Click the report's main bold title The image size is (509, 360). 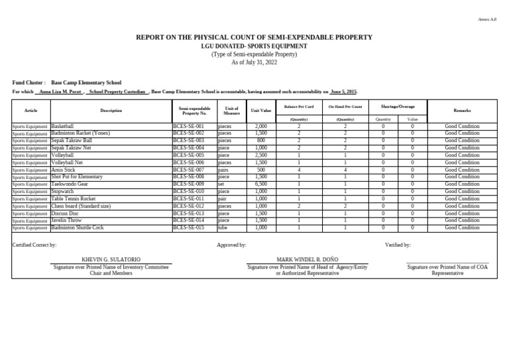[x=254, y=38]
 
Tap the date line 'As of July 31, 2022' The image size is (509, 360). [x=254, y=62]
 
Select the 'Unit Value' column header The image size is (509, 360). [x=260, y=110]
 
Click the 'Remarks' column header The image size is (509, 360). [x=462, y=110]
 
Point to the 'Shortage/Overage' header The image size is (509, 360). [x=398, y=106]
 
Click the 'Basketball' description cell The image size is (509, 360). [x=63, y=126]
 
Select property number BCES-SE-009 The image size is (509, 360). [x=189, y=184]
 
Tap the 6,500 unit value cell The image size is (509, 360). [x=260, y=184]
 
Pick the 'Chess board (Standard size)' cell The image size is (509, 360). [x=81, y=206]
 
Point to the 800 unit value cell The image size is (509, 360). [x=260, y=141]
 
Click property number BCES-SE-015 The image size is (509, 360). [x=189, y=228]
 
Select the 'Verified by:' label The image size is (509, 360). [x=398, y=245]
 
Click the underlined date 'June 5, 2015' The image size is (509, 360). [x=343, y=91]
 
